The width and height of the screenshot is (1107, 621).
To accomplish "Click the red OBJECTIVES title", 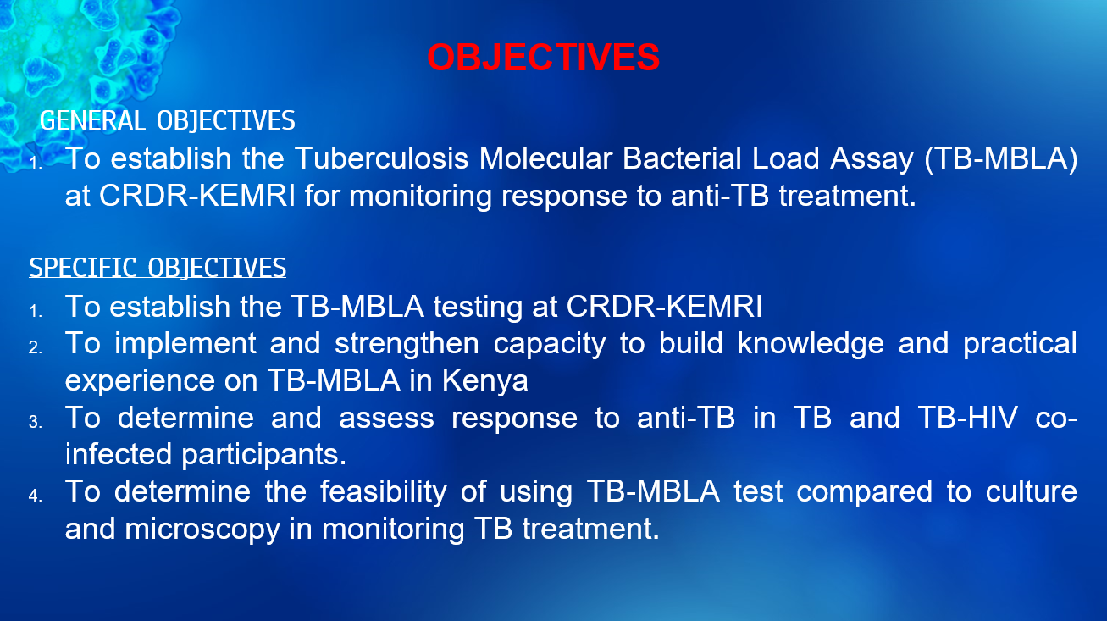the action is tap(543, 58).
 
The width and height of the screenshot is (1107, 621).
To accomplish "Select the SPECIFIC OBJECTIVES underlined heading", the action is tap(158, 268).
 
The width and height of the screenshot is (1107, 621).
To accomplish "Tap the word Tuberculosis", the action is tap(381, 158).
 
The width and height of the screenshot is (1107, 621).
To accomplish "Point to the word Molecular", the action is tap(545, 158).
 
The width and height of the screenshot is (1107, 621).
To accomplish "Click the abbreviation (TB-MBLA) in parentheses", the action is tap(1001, 158).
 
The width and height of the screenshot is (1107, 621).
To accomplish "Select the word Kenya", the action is tap(484, 380).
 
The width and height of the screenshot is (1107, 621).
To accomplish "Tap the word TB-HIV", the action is tap(967, 418).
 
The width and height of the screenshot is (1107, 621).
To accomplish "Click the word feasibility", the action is tap(384, 492).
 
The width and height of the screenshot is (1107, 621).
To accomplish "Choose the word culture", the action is tap(1032, 491).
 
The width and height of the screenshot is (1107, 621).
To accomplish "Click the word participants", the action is tap(264, 455).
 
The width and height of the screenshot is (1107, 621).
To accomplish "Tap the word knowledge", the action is tap(811, 344).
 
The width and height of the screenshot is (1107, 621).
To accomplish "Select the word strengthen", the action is tap(407, 344).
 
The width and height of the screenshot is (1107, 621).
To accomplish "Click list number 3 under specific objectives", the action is tap(35, 422).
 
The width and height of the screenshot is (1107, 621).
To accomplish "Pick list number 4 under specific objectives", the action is tap(35, 496).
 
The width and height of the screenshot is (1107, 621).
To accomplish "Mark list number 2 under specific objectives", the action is tap(35, 347).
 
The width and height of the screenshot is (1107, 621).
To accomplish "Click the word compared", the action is tap(865, 492).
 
